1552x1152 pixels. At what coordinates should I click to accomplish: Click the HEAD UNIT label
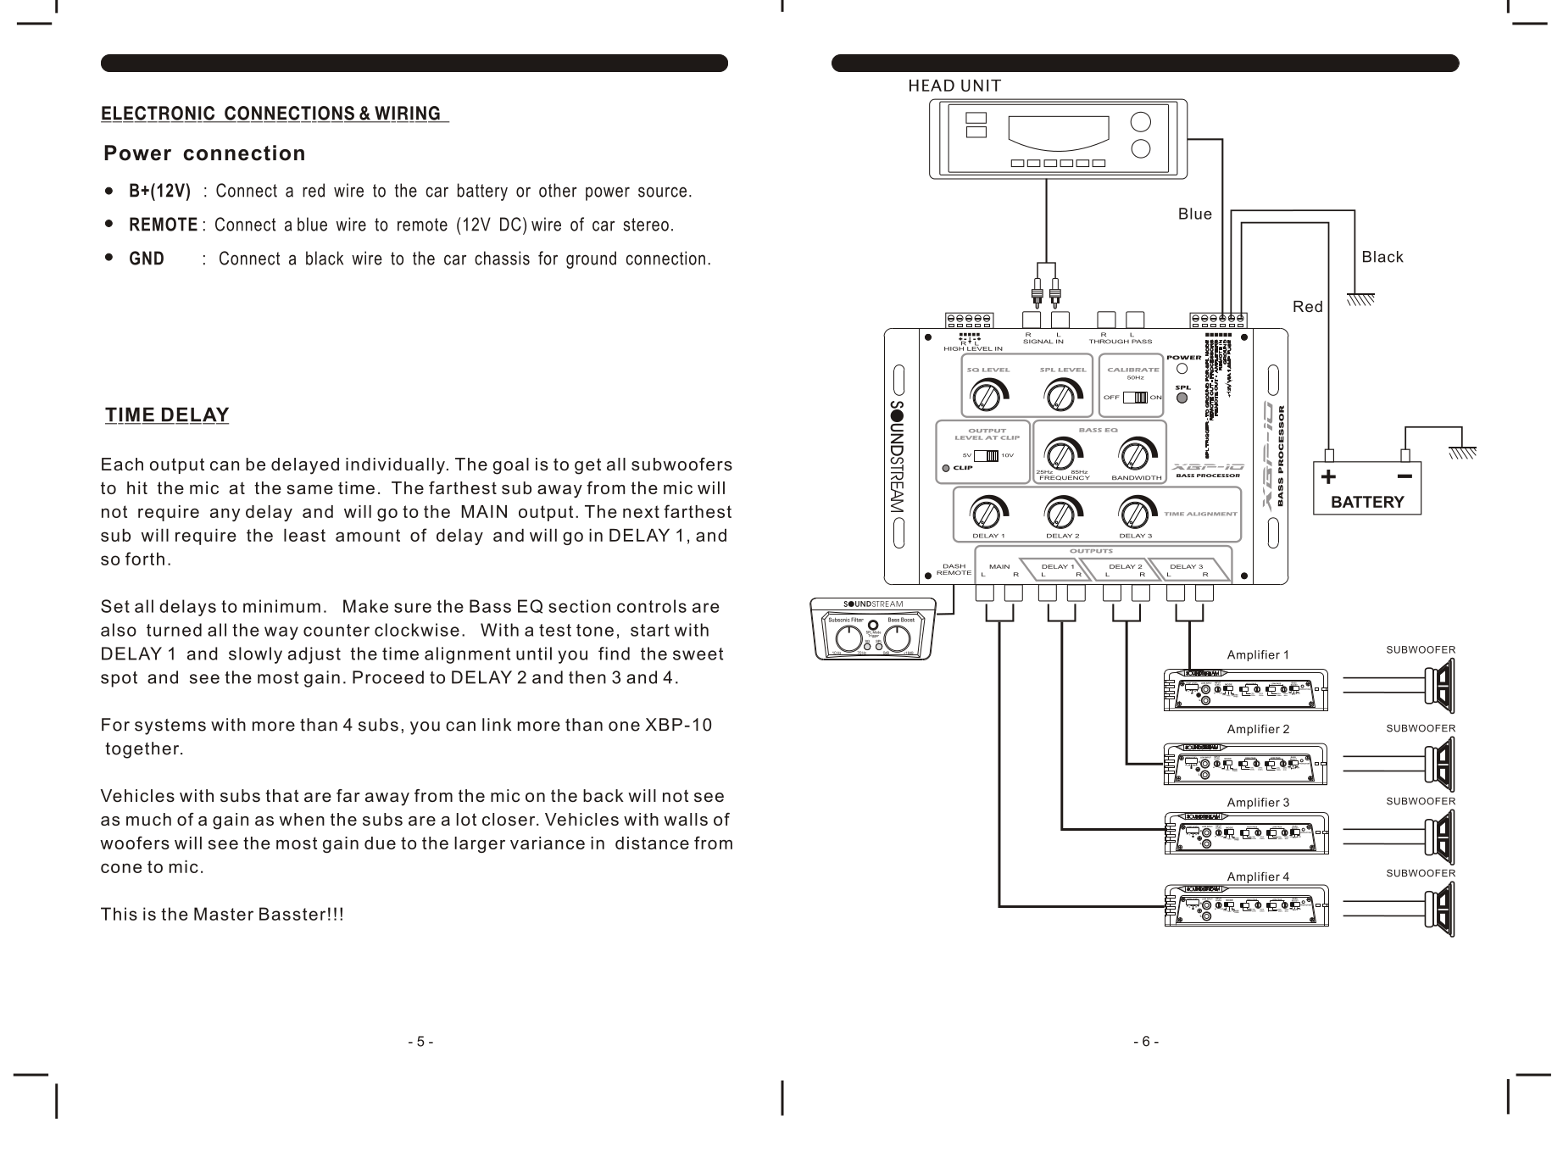point(954,86)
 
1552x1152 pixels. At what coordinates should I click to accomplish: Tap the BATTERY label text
point(1366,502)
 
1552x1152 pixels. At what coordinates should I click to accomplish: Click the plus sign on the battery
point(1328,476)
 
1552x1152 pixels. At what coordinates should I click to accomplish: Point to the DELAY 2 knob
point(1060,513)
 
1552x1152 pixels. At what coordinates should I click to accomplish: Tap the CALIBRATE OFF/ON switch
point(1134,398)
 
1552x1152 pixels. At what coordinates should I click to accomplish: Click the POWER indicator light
point(1182,370)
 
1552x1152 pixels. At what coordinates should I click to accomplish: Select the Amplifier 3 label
point(1257,802)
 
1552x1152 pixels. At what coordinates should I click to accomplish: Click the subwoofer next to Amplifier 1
point(1440,688)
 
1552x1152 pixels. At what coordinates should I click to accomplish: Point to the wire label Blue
point(1194,214)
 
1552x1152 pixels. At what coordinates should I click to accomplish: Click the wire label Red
point(1307,307)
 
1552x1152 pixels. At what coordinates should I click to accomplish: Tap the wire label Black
point(1382,257)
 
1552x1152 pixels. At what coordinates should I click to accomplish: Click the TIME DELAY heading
point(167,415)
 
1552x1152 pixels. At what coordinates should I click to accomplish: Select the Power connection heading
point(204,153)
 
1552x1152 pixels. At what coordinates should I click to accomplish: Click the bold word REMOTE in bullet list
point(163,225)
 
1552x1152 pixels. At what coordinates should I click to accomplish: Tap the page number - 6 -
point(1145,1042)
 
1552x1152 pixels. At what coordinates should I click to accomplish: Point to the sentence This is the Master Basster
point(222,915)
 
